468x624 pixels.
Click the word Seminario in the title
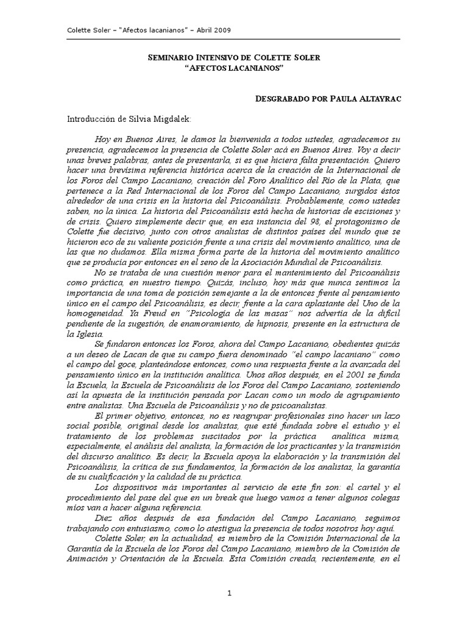point(172,57)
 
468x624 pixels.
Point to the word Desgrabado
point(286,97)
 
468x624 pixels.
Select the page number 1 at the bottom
point(230,593)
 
